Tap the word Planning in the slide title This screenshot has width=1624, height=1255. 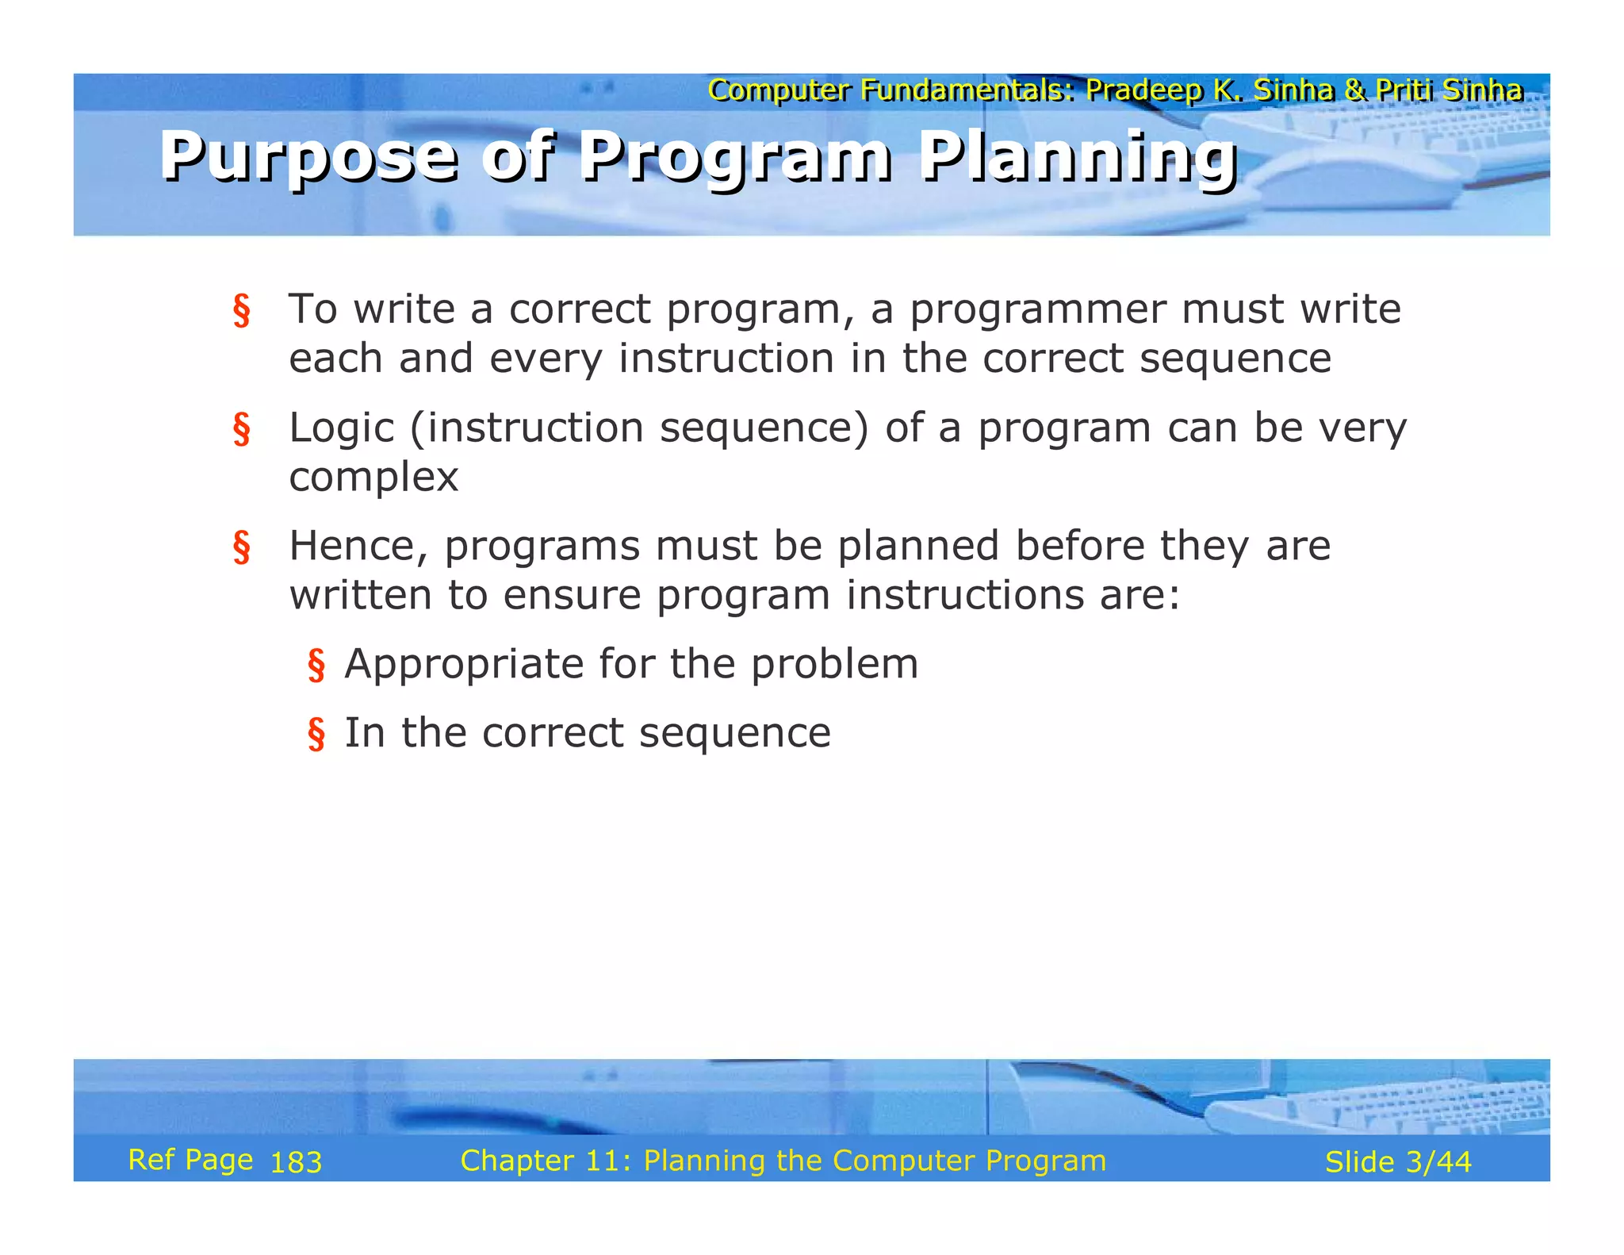click(x=1078, y=157)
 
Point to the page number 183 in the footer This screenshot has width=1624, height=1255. click(x=296, y=1163)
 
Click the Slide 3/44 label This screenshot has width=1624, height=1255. click(x=1398, y=1162)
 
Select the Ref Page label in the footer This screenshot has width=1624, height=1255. click(x=190, y=1160)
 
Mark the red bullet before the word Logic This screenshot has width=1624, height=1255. click(x=241, y=429)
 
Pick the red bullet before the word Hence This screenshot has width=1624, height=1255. click(x=241, y=547)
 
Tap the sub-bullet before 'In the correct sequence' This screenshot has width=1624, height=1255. click(x=316, y=734)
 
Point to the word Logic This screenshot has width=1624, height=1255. click(x=341, y=428)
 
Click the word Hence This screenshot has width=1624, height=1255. click(x=357, y=547)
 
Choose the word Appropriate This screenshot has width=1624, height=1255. click(x=464, y=664)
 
